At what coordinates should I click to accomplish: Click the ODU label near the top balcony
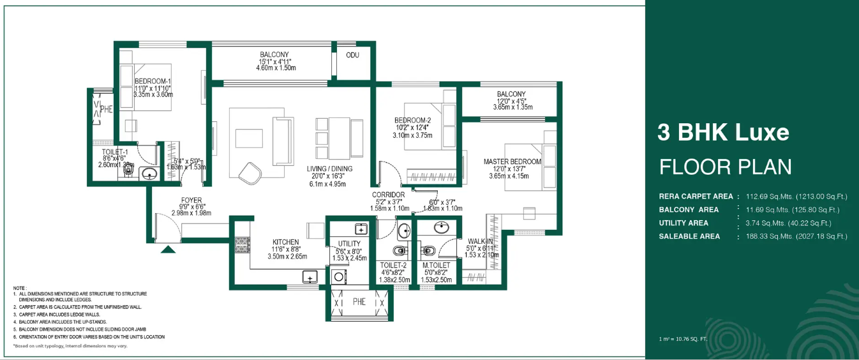(x=352, y=55)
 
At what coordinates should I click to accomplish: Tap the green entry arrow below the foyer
(x=168, y=249)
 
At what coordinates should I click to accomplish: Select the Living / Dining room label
(x=329, y=169)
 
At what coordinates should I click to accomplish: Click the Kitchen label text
(x=285, y=242)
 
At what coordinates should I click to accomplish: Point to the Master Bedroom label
(x=512, y=161)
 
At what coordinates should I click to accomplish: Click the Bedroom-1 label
(x=153, y=81)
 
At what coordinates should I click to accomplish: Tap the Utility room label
(x=349, y=244)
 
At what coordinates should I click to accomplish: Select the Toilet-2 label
(x=393, y=265)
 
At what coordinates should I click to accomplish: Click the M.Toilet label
(x=436, y=265)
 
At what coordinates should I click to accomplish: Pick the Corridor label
(x=389, y=195)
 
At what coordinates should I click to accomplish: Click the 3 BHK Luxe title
(x=723, y=132)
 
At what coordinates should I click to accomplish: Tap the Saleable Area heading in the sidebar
(x=689, y=236)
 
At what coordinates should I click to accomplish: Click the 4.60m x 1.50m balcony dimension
(x=276, y=68)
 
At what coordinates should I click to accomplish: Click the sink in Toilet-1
(x=149, y=174)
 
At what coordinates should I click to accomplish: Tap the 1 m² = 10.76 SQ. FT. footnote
(x=683, y=338)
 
